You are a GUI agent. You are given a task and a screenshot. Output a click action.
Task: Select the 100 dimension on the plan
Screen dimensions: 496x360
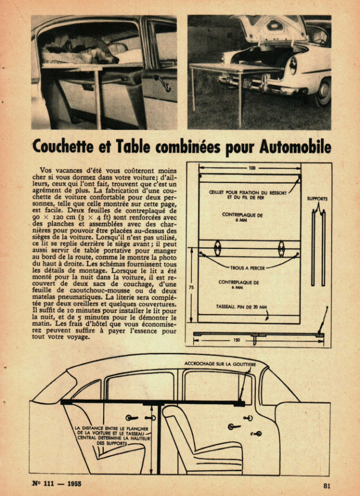tap(252, 168)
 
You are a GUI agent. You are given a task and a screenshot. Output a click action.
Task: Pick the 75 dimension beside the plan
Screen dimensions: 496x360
tap(191, 288)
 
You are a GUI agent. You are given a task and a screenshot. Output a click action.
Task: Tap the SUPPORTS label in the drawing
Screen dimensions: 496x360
tap(317, 199)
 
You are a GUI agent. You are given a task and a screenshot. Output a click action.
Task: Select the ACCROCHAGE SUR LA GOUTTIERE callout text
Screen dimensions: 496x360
tap(220, 364)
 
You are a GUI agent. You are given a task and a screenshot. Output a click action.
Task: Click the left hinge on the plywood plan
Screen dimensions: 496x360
tap(217, 248)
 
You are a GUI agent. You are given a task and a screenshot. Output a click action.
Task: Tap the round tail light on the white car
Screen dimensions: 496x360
tap(293, 65)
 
